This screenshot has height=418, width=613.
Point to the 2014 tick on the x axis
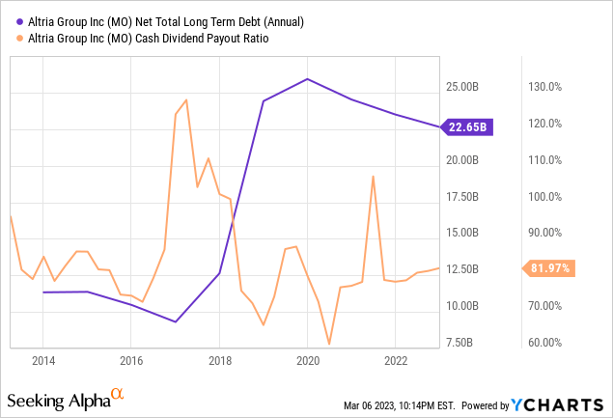tap(42, 360)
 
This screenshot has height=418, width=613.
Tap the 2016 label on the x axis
tap(131, 360)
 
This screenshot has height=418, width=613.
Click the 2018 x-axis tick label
tap(219, 360)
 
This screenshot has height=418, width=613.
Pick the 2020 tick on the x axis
tap(308, 360)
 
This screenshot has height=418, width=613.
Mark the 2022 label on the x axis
tap(396, 360)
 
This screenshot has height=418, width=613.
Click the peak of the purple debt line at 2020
tap(308, 79)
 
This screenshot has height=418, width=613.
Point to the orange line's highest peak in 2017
tap(185, 100)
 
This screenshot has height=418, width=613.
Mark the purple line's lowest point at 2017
tap(176, 321)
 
